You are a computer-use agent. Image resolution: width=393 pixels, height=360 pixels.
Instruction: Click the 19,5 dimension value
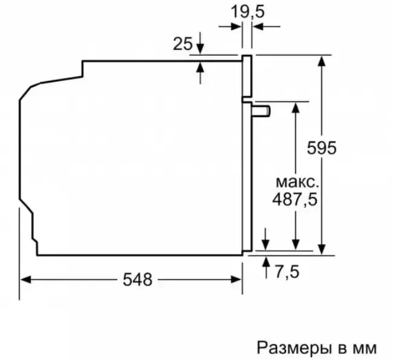tap(247, 11)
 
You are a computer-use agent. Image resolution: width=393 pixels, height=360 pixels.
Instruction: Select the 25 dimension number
tap(183, 44)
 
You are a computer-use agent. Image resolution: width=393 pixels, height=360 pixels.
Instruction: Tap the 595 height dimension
tap(322, 148)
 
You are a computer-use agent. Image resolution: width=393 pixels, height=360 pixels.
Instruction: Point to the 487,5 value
tap(295, 199)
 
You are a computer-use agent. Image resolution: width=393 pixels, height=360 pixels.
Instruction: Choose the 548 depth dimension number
tap(138, 280)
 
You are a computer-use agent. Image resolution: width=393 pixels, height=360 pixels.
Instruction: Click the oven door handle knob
tap(261, 111)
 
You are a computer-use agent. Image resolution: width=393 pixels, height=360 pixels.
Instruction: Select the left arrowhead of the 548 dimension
tap(25, 280)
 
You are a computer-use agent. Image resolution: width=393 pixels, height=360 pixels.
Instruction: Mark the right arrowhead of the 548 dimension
tap(236, 280)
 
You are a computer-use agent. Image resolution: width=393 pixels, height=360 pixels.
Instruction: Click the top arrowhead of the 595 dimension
tap(322, 61)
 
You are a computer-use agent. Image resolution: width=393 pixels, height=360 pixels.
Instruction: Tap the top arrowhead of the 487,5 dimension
tap(296, 108)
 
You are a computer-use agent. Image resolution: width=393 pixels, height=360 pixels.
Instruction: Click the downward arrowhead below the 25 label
tap(200, 48)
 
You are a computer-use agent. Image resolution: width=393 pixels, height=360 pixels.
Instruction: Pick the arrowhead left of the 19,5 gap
tap(236, 27)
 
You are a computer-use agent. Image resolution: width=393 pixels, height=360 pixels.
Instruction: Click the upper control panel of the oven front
tap(247, 76)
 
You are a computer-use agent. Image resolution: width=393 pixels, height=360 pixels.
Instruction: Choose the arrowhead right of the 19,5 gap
tap(258, 27)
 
